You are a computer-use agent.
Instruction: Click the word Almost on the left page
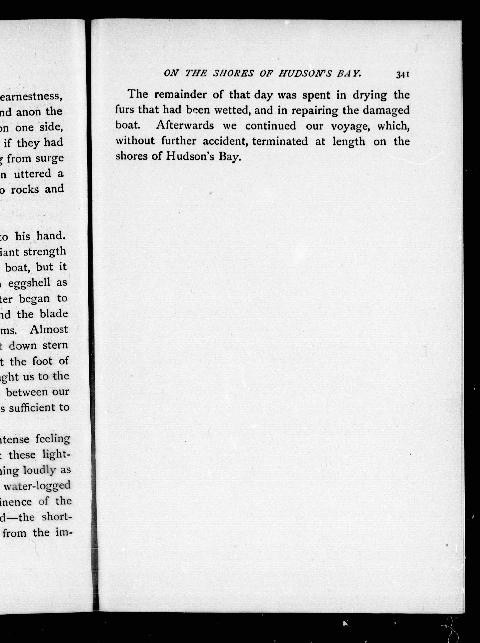click(x=49, y=330)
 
